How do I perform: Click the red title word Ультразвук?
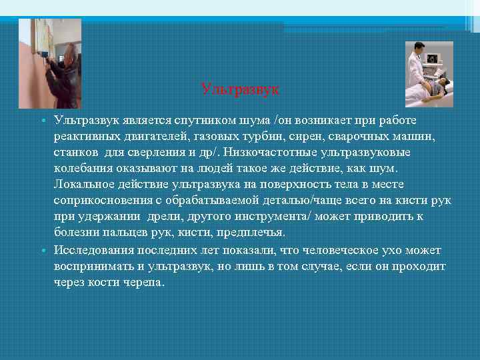point(240,88)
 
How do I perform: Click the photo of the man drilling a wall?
point(50,63)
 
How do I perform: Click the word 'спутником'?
point(221,120)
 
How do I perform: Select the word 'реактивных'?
point(87,136)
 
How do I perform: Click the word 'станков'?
point(75,152)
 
